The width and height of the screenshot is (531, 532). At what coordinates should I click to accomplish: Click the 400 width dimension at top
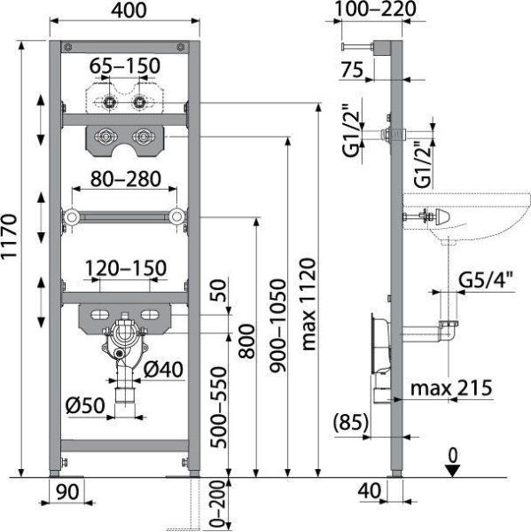pos(129,10)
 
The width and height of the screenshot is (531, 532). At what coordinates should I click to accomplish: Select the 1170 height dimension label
pos(9,236)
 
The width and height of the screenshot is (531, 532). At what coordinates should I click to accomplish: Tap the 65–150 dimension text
pos(124,66)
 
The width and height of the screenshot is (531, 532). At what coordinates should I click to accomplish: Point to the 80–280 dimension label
pos(126,179)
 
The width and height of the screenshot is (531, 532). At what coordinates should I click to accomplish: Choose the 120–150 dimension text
pos(126,268)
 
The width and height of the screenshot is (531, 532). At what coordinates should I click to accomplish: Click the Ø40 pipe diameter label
pos(163,369)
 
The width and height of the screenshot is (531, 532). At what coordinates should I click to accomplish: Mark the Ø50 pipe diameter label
pos(85,405)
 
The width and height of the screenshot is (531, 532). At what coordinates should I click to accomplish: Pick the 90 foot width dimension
pos(67,491)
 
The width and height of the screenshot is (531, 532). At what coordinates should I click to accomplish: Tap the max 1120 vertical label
pos(308,304)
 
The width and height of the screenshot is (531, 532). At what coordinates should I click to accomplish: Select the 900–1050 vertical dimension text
pos(277,325)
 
